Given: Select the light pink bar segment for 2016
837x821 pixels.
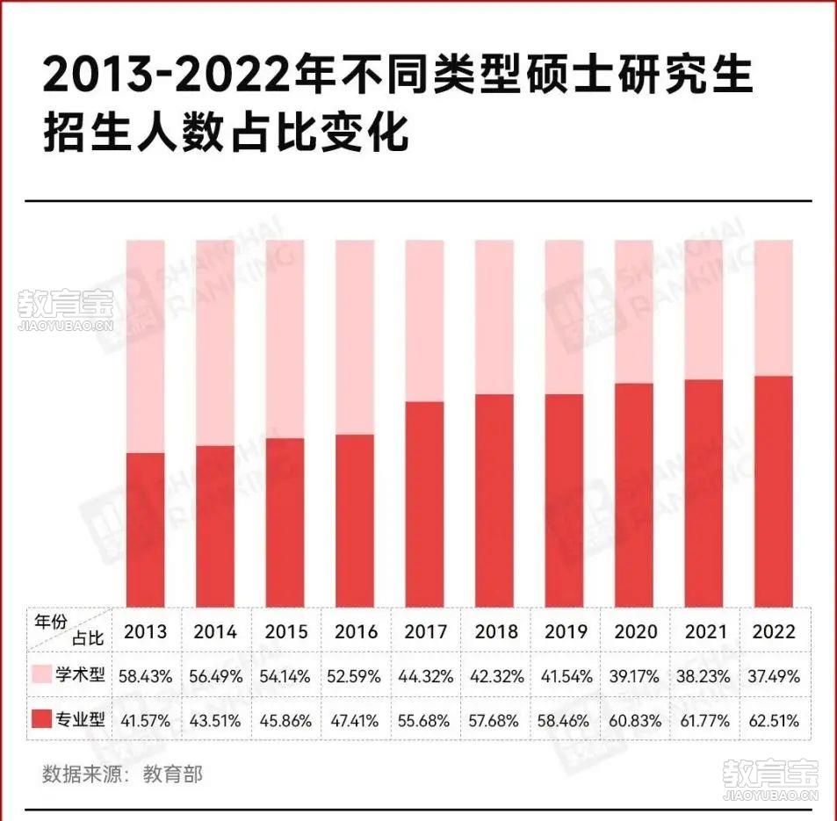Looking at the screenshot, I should [x=355, y=336].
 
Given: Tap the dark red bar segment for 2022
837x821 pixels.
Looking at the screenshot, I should [x=774, y=490].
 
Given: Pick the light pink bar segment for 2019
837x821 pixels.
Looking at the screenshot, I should [x=564, y=316].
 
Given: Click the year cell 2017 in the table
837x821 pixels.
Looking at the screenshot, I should [x=426, y=631].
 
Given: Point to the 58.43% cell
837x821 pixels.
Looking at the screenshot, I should [x=146, y=676].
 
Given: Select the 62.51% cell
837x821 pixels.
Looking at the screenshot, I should [x=774, y=721].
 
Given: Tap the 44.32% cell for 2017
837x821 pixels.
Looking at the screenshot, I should [x=426, y=676].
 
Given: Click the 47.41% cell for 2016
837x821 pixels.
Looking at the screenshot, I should [x=356, y=721].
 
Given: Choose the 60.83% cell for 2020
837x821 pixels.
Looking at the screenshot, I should [x=634, y=721].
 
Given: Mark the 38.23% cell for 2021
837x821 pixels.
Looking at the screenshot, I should [x=704, y=676].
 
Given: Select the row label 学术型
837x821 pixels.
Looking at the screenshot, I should [x=81, y=675].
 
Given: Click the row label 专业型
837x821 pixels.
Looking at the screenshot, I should [x=81, y=720].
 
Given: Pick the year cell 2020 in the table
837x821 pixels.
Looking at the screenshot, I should [x=634, y=631].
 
